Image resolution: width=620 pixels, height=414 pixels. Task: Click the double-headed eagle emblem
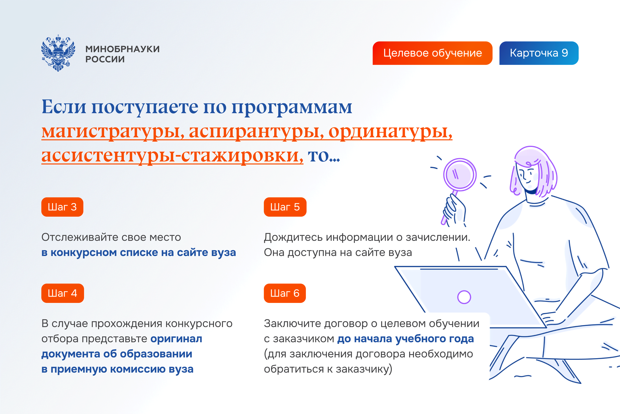coord(58,53)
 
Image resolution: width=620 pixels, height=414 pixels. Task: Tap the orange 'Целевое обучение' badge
coord(432,53)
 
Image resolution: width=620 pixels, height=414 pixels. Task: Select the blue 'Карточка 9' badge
coord(539,53)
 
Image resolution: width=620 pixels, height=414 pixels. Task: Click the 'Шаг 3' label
coord(62,207)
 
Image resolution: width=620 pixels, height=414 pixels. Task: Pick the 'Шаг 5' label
coord(285,207)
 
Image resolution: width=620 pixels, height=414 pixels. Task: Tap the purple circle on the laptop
coord(464,297)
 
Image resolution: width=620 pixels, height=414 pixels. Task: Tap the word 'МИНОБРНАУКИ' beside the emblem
coord(123,49)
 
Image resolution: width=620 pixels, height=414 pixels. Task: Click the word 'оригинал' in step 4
coord(176,339)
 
